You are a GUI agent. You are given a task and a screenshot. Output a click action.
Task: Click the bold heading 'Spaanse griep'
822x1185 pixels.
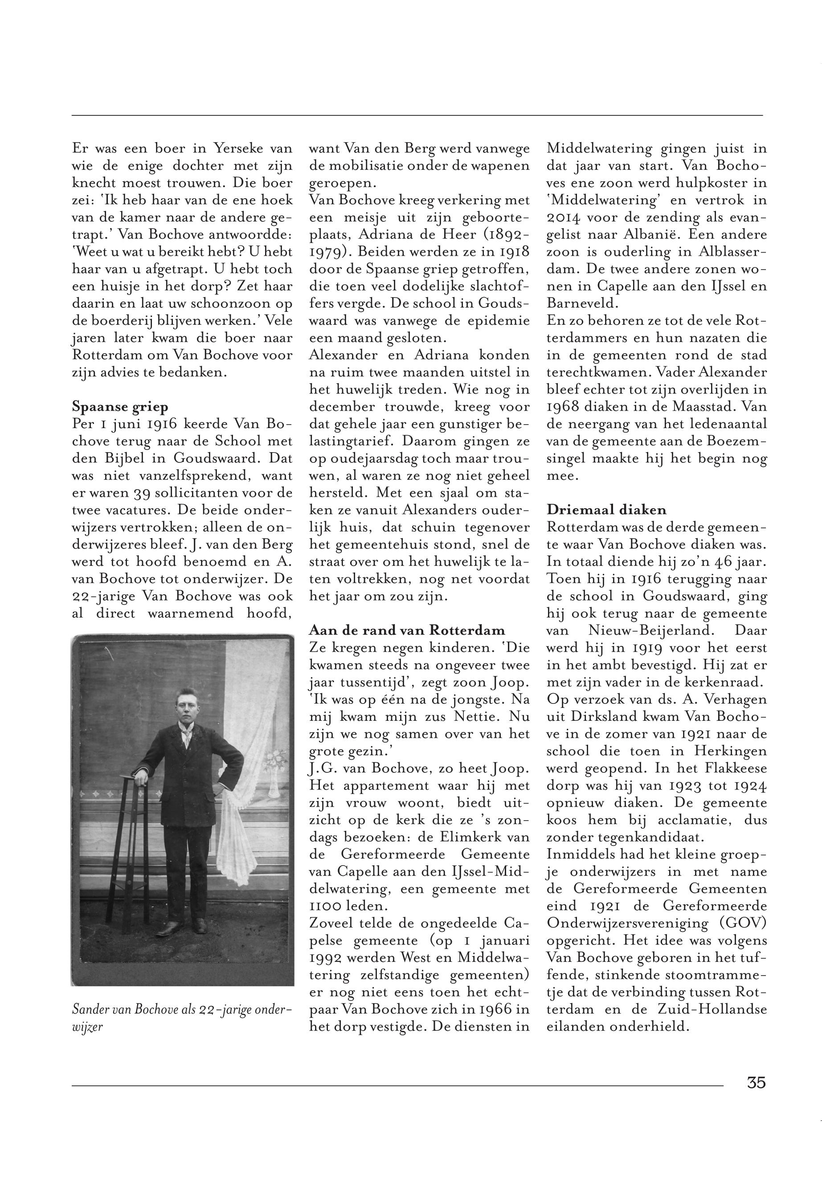pyautogui.click(x=120, y=407)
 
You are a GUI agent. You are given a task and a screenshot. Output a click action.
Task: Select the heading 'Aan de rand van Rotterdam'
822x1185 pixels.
pyautogui.click(x=407, y=630)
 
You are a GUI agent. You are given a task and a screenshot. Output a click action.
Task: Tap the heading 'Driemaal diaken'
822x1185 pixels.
pyautogui.click(x=606, y=510)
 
